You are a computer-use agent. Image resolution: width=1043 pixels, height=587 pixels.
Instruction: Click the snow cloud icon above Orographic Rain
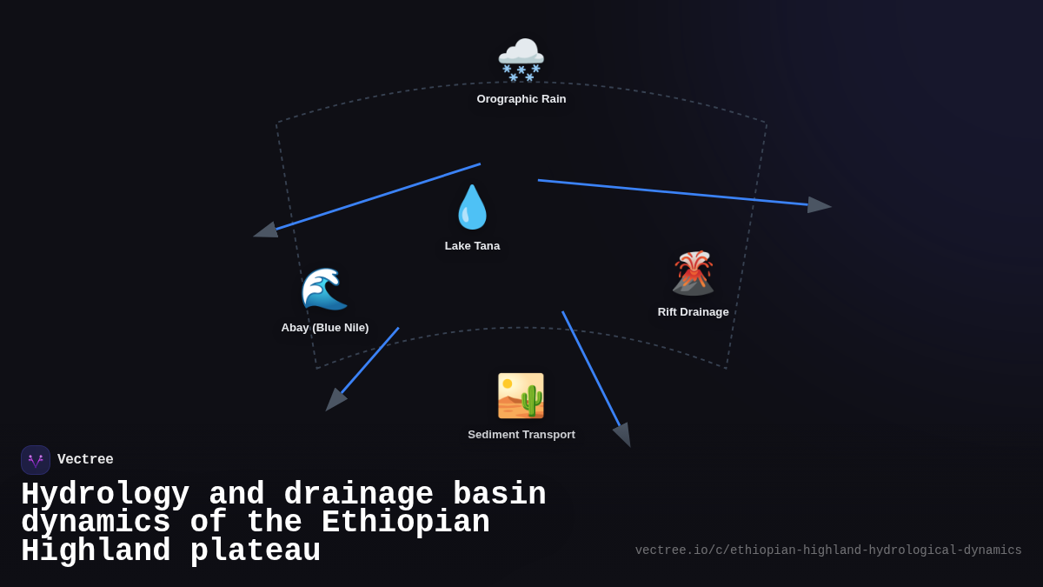pos(521,59)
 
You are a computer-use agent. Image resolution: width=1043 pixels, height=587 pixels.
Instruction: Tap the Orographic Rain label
pos(521,99)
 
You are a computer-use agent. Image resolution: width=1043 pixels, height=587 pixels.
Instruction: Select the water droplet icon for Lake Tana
pos(472,207)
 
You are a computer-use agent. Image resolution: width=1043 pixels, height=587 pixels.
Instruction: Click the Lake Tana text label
pos(472,246)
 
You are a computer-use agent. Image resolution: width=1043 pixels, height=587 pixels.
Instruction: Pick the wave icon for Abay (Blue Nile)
pos(324,289)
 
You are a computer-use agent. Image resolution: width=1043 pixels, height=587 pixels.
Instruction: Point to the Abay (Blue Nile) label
pos(324,328)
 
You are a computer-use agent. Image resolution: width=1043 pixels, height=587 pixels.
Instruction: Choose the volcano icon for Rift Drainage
pos(693,273)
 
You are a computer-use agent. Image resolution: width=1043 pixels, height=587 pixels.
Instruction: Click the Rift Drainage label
pos(693,312)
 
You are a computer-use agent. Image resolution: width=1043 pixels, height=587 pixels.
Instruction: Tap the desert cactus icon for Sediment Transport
pos(521,396)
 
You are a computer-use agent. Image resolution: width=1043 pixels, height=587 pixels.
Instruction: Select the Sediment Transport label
pos(521,435)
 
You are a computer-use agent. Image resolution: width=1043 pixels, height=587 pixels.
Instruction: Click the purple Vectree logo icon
pos(36,460)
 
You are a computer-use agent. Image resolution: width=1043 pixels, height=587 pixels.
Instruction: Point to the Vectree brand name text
pos(85,460)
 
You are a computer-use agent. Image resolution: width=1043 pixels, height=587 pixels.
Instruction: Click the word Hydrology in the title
pos(105,495)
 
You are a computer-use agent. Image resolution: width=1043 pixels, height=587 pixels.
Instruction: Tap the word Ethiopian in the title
pos(405,523)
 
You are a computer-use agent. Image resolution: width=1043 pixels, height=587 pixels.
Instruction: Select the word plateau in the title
pos(256,551)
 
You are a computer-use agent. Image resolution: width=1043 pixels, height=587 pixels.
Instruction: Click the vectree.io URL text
pos(827,550)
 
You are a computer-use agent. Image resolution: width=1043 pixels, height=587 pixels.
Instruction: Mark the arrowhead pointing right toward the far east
pos(819,205)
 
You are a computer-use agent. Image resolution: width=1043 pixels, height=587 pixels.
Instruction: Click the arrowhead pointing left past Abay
pos(266,230)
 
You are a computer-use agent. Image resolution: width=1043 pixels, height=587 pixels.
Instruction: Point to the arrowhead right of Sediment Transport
pos(622,434)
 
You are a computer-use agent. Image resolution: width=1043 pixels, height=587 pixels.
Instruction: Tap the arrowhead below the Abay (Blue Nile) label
pos(335,400)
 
